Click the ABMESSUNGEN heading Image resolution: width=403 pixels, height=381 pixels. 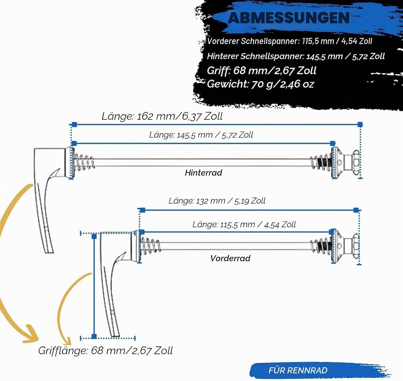(x=288, y=18)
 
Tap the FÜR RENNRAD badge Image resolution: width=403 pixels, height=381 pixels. (x=298, y=370)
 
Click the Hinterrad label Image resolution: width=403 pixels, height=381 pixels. (x=203, y=172)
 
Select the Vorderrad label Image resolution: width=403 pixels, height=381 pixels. (x=230, y=258)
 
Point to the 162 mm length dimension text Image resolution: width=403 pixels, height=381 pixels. (x=162, y=116)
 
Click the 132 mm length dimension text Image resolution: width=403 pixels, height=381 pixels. (x=217, y=201)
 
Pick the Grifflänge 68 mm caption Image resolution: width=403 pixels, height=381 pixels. (x=105, y=350)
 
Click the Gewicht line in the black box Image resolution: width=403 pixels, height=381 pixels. (x=260, y=84)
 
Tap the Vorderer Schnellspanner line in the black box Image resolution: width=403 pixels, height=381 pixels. (x=290, y=41)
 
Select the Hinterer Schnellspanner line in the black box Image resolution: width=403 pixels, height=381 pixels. (x=296, y=56)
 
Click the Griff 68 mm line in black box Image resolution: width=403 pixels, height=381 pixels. (x=261, y=71)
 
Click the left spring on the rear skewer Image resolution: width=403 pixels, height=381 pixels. (x=84, y=162)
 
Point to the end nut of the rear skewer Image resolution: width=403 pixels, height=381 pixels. (x=356, y=163)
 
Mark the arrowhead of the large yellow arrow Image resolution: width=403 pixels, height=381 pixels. (x=30, y=334)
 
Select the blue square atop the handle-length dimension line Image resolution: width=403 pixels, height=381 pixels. (x=94, y=236)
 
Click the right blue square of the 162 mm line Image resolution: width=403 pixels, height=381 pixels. (x=360, y=124)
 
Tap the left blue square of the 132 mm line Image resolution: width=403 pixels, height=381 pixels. (x=143, y=210)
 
